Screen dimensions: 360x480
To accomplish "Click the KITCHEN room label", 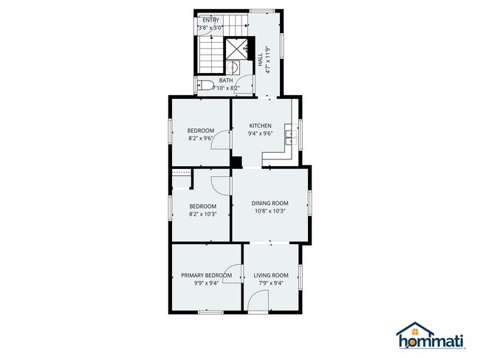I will click(260, 125).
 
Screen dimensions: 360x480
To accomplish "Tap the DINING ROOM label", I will click(270, 203).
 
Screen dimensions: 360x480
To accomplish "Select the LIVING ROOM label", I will click(270, 275).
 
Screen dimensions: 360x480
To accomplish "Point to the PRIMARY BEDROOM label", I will click(207, 275).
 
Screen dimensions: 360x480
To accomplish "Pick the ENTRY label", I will click(210, 20).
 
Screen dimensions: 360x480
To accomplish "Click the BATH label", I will click(225, 80).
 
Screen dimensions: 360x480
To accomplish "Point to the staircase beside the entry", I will click(211, 52).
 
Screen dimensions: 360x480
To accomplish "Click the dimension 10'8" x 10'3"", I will click(270, 211).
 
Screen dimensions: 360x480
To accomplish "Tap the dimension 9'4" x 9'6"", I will click(260, 134).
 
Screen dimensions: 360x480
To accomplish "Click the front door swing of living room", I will click(259, 300).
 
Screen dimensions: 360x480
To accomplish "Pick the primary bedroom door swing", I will click(234, 273).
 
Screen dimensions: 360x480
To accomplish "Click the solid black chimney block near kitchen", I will click(236, 163).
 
